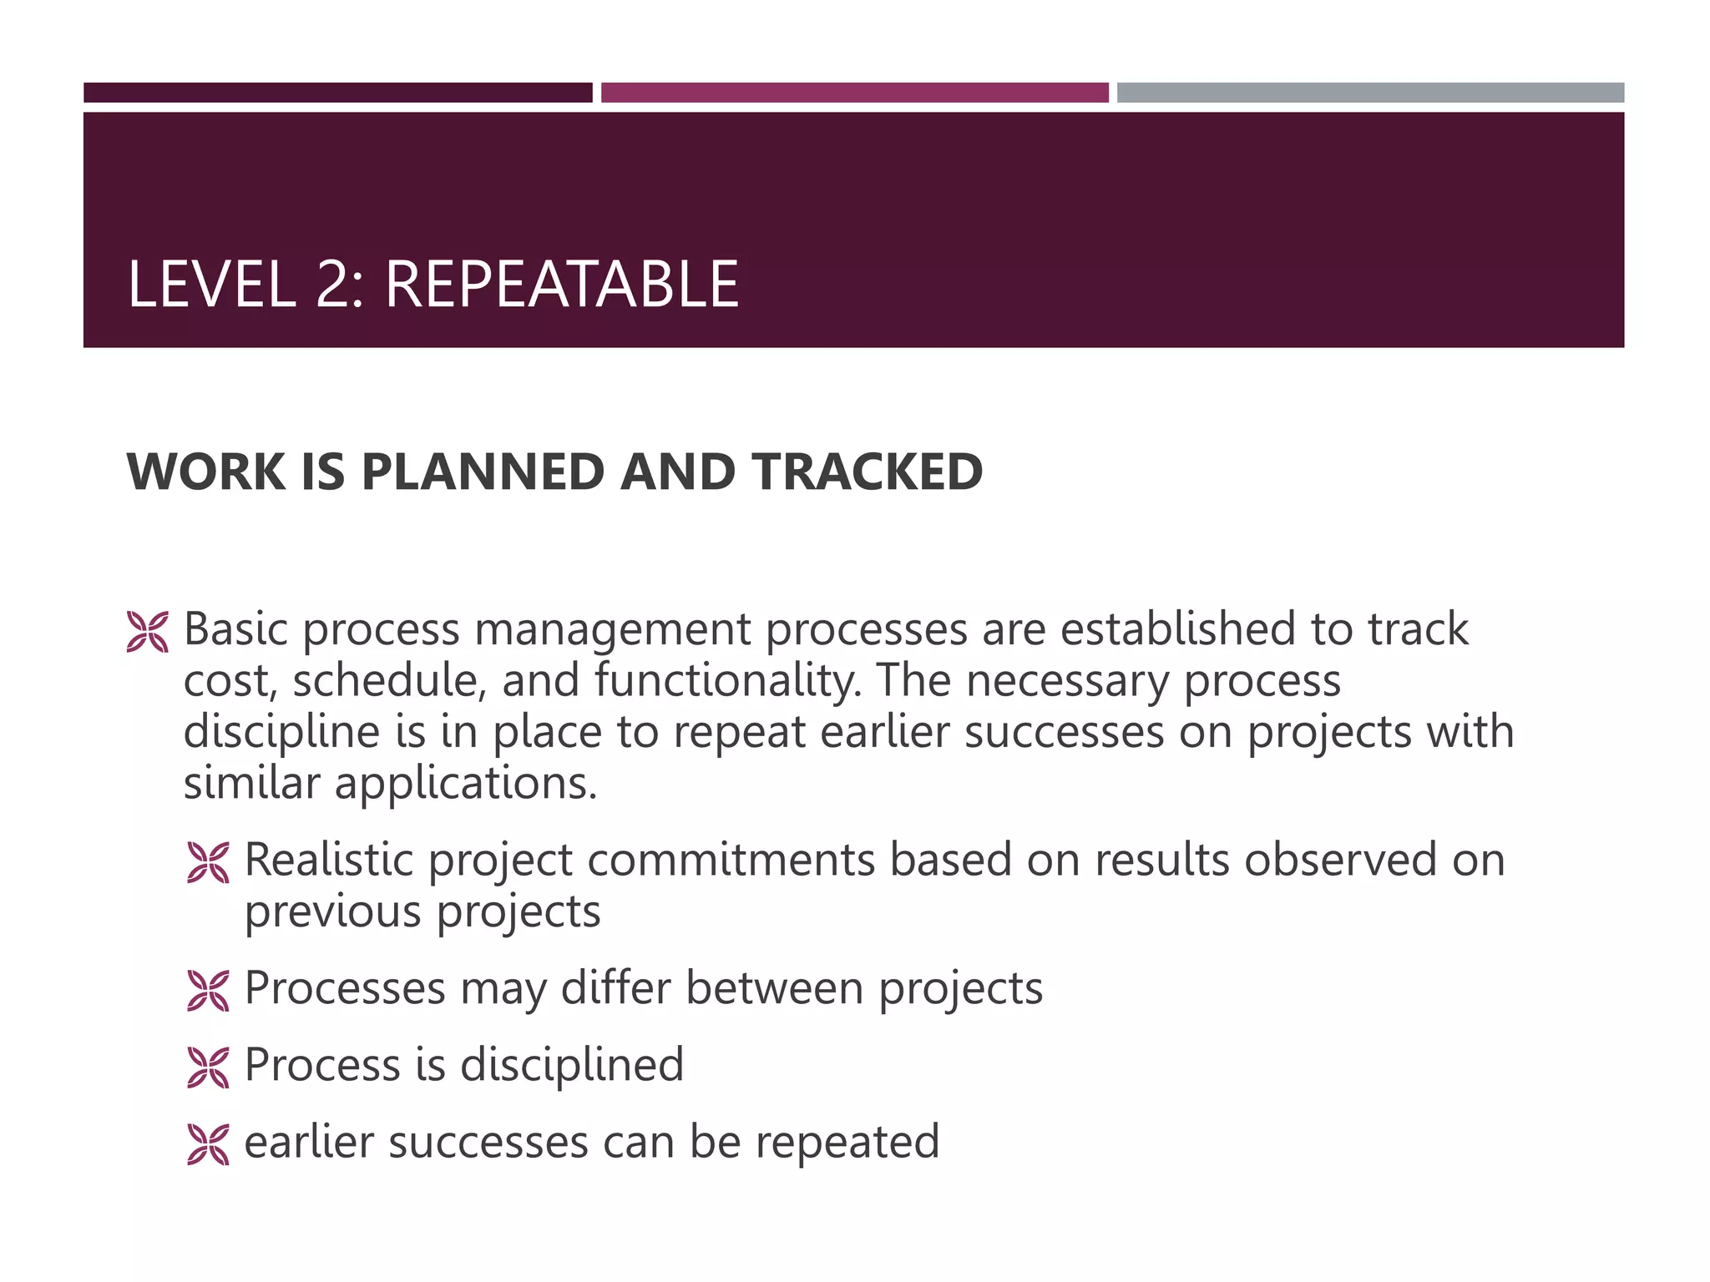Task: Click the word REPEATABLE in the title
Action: pos(561,285)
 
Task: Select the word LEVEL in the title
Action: pos(211,285)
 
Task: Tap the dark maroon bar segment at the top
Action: pos(337,93)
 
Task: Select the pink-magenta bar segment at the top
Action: pos(854,93)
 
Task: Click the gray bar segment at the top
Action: pos(1370,93)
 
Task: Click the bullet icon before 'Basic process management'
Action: pos(148,631)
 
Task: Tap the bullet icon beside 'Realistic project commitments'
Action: pos(208,862)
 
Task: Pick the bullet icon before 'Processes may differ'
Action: pos(208,991)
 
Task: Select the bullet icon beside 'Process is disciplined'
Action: pos(208,1067)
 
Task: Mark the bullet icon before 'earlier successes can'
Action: pos(208,1144)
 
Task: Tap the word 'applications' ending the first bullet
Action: pos(464,784)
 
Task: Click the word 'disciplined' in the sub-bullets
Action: pos(572,1065)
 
